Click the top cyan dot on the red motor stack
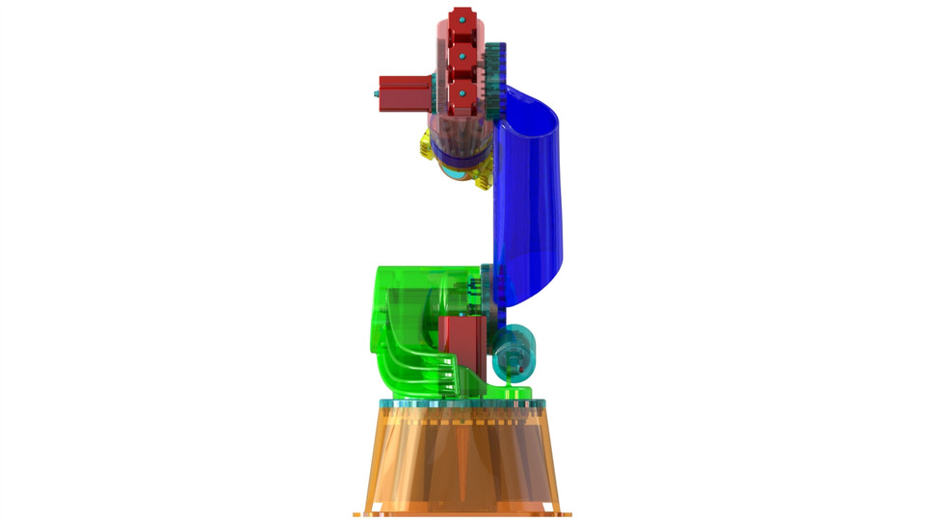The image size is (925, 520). click(462, 19)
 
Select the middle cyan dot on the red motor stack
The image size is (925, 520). click(462, 57)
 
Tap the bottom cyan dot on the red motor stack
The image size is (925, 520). click(462, 93)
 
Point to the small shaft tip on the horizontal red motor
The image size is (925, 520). click(375, 93)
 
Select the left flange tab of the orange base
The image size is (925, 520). click(361, 513)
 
